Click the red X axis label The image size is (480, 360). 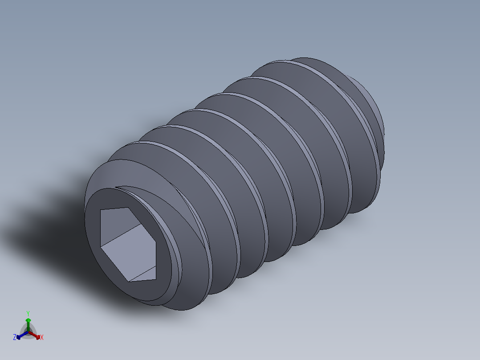click(42, 338)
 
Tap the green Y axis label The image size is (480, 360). click(28, 313)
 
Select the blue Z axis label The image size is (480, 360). click(15, 338)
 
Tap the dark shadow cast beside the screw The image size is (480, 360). click(53, 232)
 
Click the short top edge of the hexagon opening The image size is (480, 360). click(116, 209)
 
